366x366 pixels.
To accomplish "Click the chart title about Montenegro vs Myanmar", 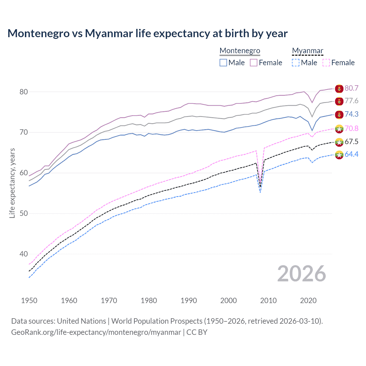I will coord(147,33).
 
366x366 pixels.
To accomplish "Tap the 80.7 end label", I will coord(351,88).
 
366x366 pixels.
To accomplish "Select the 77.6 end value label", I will coord(351,101).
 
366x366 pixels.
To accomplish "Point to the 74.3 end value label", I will coord(351,114).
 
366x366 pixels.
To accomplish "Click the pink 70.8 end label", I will coord(351,128).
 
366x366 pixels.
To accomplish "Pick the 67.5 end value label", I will coord(351,142).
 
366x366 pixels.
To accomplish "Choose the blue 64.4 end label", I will coord(351,154).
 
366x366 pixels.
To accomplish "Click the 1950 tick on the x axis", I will coord(29,301).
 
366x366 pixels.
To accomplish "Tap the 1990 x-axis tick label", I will coord(189,301).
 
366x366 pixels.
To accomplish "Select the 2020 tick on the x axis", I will coord(308,301).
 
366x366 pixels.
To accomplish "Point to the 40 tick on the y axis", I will coord(23,254).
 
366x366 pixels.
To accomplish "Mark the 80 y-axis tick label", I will coord(23,92).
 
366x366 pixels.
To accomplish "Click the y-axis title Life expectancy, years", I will coord(12,183).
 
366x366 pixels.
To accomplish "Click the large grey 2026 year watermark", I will coord(301,274).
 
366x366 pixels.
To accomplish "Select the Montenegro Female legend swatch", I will coord(254,63).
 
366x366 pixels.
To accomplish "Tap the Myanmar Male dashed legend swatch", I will coord(296,63).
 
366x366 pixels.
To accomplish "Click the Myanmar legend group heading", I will coord(307,51).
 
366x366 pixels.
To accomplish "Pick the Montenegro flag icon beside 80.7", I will coord(339,89).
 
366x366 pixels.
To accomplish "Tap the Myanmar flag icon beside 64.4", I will coord(339,155).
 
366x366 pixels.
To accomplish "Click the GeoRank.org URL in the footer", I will coord(96,332).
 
